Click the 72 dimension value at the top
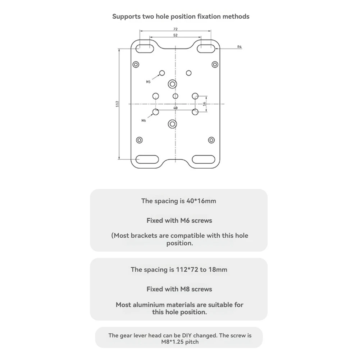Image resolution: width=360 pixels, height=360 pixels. pos(176,29)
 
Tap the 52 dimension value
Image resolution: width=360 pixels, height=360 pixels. pos(176,35)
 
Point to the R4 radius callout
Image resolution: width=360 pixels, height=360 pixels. pos(240,47)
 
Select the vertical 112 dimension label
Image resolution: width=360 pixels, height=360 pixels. pos(117,104)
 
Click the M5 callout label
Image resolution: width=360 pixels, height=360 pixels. pos(148,82)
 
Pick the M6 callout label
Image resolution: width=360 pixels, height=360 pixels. pos(144,120)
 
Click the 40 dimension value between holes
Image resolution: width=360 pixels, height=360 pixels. pos(176,108)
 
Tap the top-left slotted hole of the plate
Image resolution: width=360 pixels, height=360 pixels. pos(145,49)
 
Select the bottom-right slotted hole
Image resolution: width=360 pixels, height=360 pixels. pos(204,159)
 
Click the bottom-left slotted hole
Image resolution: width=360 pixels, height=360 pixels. pos(147,159)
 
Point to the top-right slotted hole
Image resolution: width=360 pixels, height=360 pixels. pos(206,49)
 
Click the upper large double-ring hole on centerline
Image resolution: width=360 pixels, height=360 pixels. pos(172,84)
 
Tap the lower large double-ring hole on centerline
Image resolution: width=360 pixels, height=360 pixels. pos(172,124)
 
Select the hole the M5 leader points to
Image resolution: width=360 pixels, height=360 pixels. pos(162,73)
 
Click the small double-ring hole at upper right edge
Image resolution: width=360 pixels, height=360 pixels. pos(215,64)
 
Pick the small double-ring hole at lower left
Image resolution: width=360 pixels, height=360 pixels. pos(140,140)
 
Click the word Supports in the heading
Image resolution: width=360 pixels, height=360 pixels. pos(127,17)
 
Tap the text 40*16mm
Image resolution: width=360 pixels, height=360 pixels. pos(201,201)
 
